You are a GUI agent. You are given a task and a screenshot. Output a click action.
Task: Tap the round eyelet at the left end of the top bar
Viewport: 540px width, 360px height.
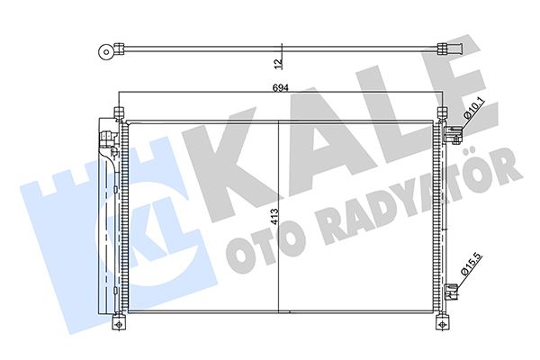tap(107, 52)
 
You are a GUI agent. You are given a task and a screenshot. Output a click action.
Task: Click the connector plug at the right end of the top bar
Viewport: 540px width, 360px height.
tap(447, 50)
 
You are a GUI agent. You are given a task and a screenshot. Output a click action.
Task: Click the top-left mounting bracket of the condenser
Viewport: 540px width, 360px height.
tap(117, 113)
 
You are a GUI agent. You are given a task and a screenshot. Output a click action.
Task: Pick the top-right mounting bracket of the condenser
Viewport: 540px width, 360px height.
tap(441, 114)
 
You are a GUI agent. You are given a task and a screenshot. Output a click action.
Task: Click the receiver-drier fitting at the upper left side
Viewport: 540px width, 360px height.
tap(106, 139)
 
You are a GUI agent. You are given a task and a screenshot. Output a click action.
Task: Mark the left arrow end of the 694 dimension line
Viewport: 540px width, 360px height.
tap(119, 94)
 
